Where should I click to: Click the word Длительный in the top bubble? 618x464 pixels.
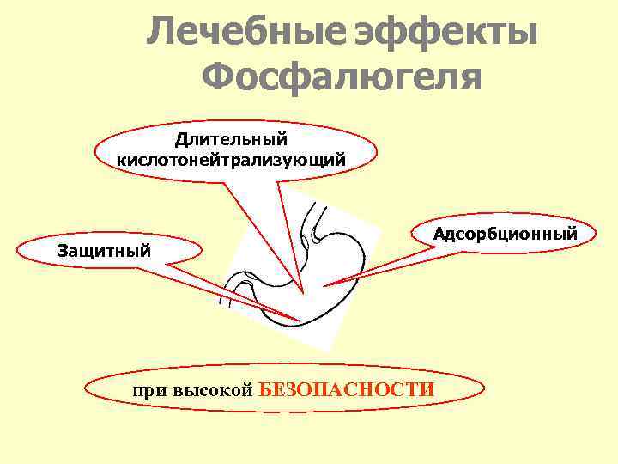231,139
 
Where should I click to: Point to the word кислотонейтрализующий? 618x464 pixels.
231,160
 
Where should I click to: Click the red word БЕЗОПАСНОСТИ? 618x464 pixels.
347,389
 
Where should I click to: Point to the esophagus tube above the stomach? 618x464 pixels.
318,219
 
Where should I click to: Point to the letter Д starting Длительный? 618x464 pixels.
181,139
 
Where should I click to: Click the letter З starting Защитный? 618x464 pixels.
61,252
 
